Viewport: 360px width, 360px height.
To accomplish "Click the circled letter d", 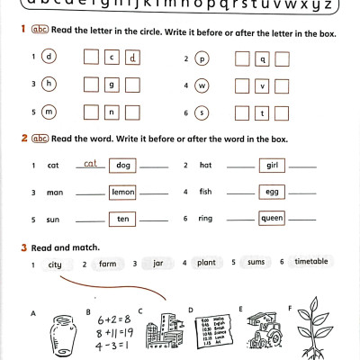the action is (x=49, y=58).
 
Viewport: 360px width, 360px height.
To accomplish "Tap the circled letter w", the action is (x=202, y=85).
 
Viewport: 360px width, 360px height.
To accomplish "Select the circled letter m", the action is (x=49, y=112).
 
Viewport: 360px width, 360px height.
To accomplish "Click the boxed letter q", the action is (x=263, y=59).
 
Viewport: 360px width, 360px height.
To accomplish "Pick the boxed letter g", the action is (x=112, y=86).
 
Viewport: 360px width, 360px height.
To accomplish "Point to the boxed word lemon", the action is (x=122, y=192).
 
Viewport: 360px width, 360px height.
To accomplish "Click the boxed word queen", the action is (x=272, y=219).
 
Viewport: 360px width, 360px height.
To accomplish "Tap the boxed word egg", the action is (x=272, y=192).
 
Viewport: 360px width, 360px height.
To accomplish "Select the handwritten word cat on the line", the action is (x=90, y=164).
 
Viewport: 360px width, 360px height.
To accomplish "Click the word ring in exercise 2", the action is (x=205, y=220).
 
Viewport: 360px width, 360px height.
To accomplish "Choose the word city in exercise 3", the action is (x=55, y=265).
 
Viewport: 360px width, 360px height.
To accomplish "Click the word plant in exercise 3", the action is (x=206, y=263).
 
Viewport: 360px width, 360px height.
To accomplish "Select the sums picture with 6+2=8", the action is (x=113, y=331).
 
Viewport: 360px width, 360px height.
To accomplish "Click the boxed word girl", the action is (x=272, y=166).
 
